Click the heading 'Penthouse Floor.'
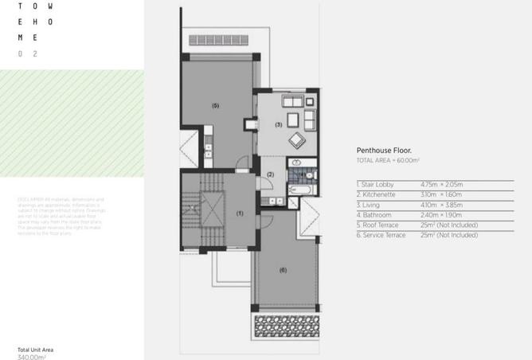[x=382, y=150]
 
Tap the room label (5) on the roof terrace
[x=215, y=105]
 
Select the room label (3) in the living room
[x=279, y=125]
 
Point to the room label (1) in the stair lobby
[x=240, y=213]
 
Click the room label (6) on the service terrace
[x=282, y=269]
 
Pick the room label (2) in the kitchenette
[x=270, y=174]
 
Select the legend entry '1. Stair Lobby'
[x=376, y=184]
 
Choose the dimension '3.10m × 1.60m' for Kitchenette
[x=441, y=194]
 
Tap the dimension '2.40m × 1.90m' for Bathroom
[x=441, y=215]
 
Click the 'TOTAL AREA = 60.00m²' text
[x=387, y=161]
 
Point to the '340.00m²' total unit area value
[x=32, y=357]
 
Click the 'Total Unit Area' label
[x=35, y=350]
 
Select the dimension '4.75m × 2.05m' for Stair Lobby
[x=441, y=184]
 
